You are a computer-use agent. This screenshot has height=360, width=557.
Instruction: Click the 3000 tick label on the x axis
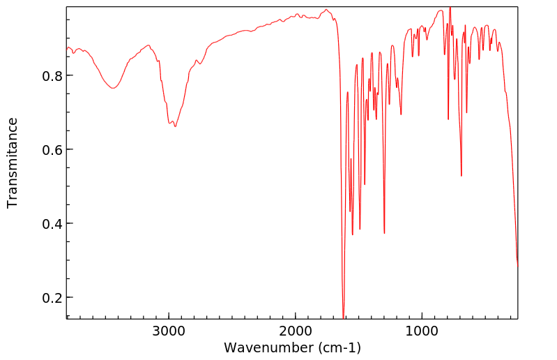(x=169, y=331)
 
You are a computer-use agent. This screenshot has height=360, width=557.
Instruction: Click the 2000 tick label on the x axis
(x=296, y=331)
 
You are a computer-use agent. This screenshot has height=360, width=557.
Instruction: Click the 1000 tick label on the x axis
(x=422, y=331)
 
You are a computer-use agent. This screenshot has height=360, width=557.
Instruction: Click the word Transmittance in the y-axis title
(x=13, y=163)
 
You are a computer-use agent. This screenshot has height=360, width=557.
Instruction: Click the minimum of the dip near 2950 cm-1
(x=175, y=126)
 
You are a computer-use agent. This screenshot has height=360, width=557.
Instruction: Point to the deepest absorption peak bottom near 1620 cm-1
(x=344, y=317)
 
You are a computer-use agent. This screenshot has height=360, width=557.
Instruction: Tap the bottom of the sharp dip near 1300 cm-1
(x=384, y=233)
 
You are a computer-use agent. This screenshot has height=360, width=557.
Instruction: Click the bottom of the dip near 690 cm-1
(x=461, y=176)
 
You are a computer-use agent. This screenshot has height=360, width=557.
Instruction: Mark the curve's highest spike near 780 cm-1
(x=450, y=8)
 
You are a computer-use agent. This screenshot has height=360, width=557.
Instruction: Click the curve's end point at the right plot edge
(x=517, y=266)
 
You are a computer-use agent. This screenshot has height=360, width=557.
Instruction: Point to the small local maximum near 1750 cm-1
(x=326, y=10)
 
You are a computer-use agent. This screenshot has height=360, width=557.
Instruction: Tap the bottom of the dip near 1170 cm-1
(x=401, y=114)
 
